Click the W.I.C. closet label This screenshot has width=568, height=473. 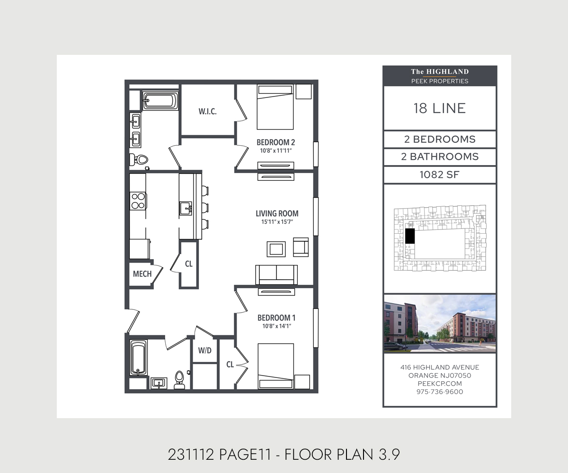click(208, 112)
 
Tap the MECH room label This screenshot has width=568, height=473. click(142, 274)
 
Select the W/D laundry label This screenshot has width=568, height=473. click(204, 350)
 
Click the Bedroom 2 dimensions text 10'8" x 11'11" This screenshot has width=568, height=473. click(276, 150)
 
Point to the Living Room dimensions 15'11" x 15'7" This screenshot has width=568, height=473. click(277, 222)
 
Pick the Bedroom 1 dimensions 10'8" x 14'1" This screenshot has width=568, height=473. click(276, 326)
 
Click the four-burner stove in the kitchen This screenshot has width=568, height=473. click(138, 201)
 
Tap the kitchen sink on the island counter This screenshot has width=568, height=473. click(186, 208)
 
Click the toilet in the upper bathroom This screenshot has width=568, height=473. click(139, 159)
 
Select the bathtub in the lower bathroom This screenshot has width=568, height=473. click(139, 358)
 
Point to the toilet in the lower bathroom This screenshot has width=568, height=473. click(179, 380)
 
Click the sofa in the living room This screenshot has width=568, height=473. click(276, 275)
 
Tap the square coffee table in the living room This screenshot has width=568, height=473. click(276, 249)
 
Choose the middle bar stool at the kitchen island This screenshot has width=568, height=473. click(205, 208)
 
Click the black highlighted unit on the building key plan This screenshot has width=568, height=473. click(410, 236)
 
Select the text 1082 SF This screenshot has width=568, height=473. click(440, 175)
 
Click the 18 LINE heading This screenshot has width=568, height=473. click(440, 108)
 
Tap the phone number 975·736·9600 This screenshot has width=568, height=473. click(440, 392)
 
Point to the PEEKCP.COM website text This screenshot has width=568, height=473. click(440, 384)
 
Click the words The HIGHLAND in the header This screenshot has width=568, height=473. click(440, 71)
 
